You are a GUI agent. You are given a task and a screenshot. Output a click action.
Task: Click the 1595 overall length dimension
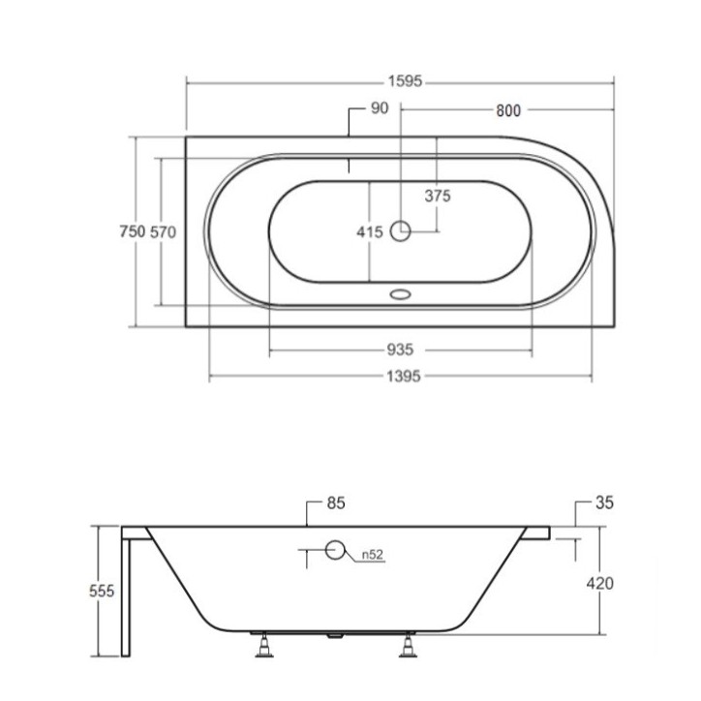(405, 81)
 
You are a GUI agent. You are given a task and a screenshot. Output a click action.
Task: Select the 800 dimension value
(508, 110)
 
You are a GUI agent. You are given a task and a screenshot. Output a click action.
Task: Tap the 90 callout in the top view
(380, 108)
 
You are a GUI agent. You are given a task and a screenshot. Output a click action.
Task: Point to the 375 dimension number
(438, 196)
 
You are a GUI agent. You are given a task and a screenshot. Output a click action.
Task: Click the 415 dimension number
(370, 232)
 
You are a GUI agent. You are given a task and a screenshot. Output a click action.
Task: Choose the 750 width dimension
(133, 231)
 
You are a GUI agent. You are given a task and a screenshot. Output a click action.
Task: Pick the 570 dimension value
(163, 232)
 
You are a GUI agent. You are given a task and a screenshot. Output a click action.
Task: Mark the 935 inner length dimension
(400, 350)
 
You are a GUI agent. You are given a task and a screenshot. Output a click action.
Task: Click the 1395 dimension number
(404, 377)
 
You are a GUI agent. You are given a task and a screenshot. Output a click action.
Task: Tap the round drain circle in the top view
(400, 231)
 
